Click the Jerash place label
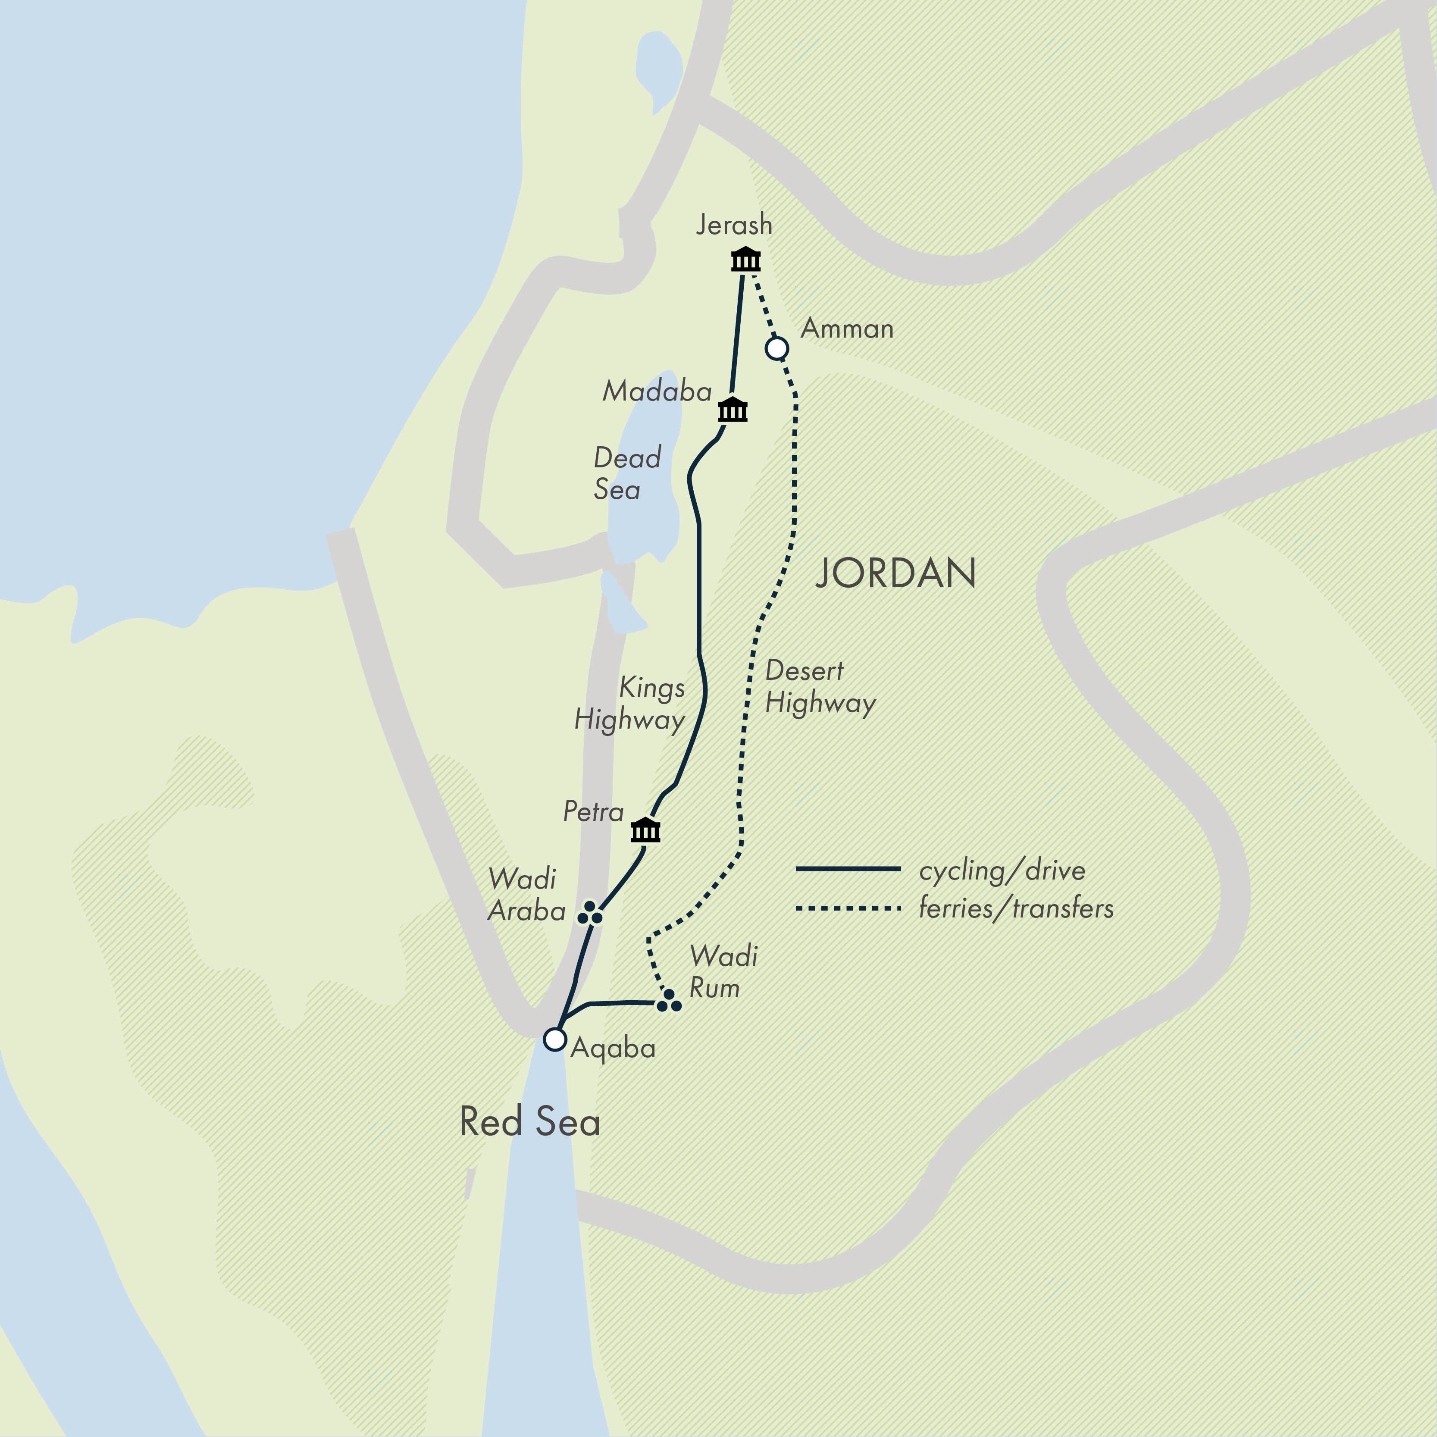tap(733, 225)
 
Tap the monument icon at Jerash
tap(745, 260)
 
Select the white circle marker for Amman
tap(776, 348)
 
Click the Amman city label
tap(847, 329)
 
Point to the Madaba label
tap(657, 391)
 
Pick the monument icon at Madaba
tap(733, 410)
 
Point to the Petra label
tap(593, 811)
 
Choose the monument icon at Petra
tap(645, 830)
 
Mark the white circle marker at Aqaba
tap(554, 1039)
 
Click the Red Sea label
tap(529, 1122)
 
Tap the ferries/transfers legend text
tap(1016, 908)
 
